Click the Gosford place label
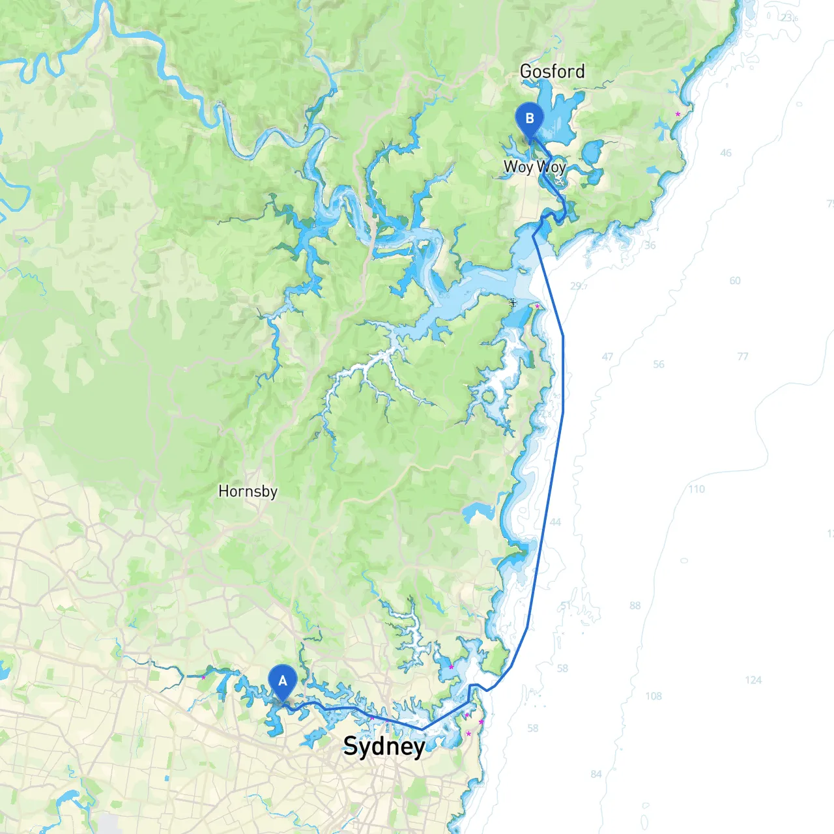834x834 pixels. [x=552, y=71]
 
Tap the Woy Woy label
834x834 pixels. [x=534, y=167]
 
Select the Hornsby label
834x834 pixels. [x=248, y=491]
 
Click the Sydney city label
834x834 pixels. [x=384, y=746]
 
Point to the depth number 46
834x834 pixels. [x=726, y=153]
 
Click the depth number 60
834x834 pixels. [x=735, y=281]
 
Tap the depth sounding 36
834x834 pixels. [x=650, y=246]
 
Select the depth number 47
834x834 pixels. [x=607, y=357]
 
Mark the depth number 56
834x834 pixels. [x=659, y=364]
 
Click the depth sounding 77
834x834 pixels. [x=743, y=356]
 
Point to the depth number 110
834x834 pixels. [x=697, y=489]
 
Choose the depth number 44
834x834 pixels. [x=555, y=522]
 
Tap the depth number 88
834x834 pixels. [x=635, y=605]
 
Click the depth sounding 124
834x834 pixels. [x=753, y=680]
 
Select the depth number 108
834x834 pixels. [x=654, y=696]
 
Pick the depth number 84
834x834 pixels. [x=596, y=774]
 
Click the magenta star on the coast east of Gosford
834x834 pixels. [x=678, y=114]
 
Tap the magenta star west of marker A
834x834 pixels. [x=203, y=678]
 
